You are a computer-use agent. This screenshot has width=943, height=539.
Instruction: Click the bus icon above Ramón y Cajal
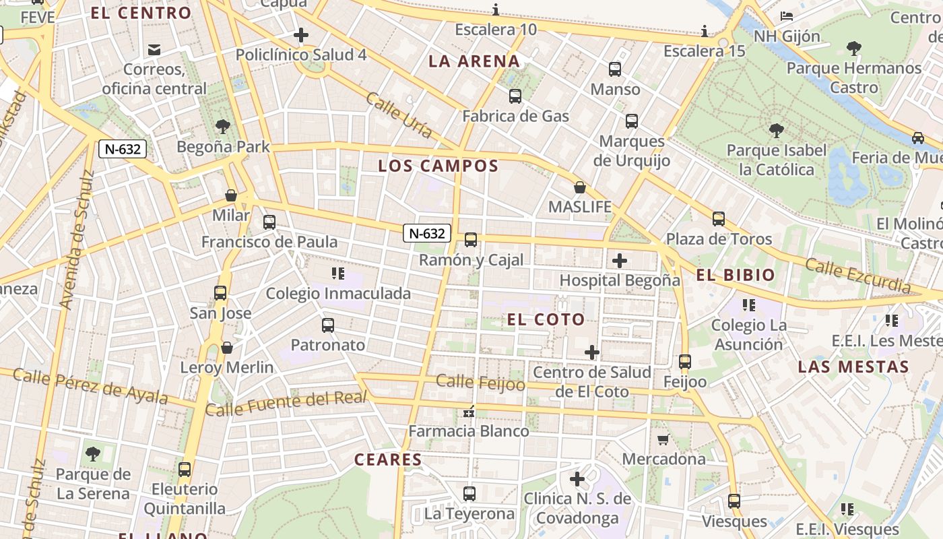click(x=471, y=240)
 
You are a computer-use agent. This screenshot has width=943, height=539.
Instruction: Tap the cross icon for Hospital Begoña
click(x=620, y=261)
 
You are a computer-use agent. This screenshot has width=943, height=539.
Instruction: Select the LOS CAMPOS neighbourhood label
click(x=438, y=166)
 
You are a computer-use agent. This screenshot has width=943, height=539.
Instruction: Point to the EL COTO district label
click(x=546, y=319)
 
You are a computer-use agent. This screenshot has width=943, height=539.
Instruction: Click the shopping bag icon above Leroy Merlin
click(x=227, y=348)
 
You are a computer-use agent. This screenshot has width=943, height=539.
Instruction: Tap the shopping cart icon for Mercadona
click(x=663, y=440)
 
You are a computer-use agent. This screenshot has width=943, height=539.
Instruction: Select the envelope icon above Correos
click(x=154, y=49)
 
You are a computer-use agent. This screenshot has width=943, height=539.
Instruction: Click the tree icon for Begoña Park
click(x=222, y=127)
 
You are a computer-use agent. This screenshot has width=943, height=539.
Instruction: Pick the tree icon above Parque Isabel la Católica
click(x=776, y=130)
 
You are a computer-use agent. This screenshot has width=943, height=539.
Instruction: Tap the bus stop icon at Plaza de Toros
click(x=719, y=219)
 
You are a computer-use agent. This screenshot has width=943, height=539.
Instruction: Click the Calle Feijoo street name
click(x=480, y=383)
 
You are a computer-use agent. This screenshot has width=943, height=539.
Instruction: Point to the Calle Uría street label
click(x=399, y=115)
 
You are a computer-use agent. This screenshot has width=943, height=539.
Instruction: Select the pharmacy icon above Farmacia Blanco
click(x=469, y=411)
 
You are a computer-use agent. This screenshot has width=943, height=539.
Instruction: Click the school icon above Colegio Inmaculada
click(x=337, y=274)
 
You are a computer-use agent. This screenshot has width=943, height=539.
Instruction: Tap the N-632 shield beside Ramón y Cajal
click(x=427, y=233)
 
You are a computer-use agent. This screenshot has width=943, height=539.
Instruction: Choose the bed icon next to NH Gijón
click(x=786, y=16)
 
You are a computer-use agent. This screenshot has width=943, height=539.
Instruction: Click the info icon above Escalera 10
click(x=496, y=9)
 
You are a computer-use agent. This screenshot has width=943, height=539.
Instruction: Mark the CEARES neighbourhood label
click(x=388, y=460)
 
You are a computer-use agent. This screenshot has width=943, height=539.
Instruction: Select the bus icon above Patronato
click(x=328, y=325)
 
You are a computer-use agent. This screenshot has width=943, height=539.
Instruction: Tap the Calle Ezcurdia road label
click(x=858, y=276)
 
